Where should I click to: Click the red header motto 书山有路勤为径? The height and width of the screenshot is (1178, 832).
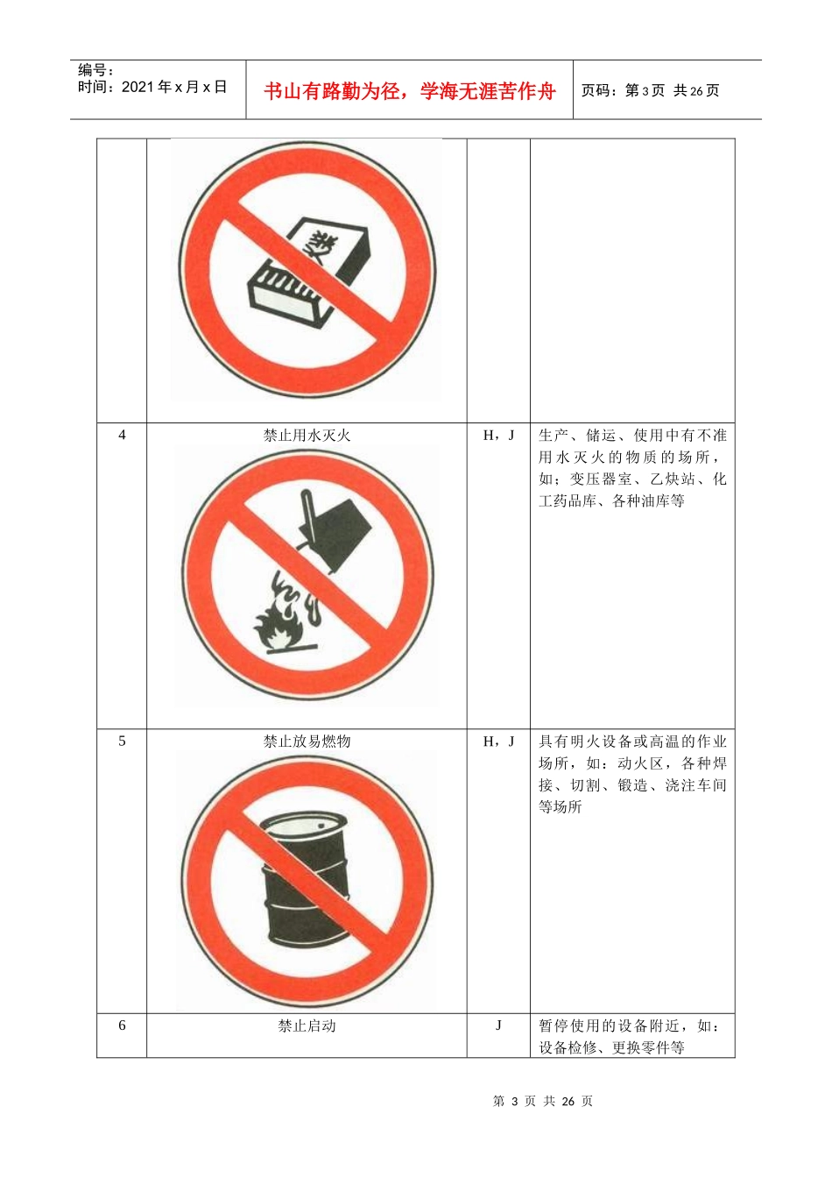click(409, 91)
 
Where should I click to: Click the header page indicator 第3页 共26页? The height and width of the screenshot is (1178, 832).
click(650, 90)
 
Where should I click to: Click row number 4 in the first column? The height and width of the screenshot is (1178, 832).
click(122, 435)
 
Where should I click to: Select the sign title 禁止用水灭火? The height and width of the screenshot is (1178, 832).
click(307, 435)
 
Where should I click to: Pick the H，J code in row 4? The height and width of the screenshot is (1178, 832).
click(498, 435)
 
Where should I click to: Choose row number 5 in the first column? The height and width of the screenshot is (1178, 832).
click(122, 742)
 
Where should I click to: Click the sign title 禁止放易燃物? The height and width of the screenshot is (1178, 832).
click(307, 742)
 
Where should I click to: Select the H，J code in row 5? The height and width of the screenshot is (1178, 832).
click(498, 742)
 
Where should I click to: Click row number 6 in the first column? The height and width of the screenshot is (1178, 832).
click(122, 1025)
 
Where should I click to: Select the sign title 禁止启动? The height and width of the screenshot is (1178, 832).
click(307, 1025)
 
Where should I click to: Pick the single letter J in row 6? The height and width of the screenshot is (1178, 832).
click(498, 1025)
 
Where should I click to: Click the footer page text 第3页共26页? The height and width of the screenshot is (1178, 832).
click(543, 1101)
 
